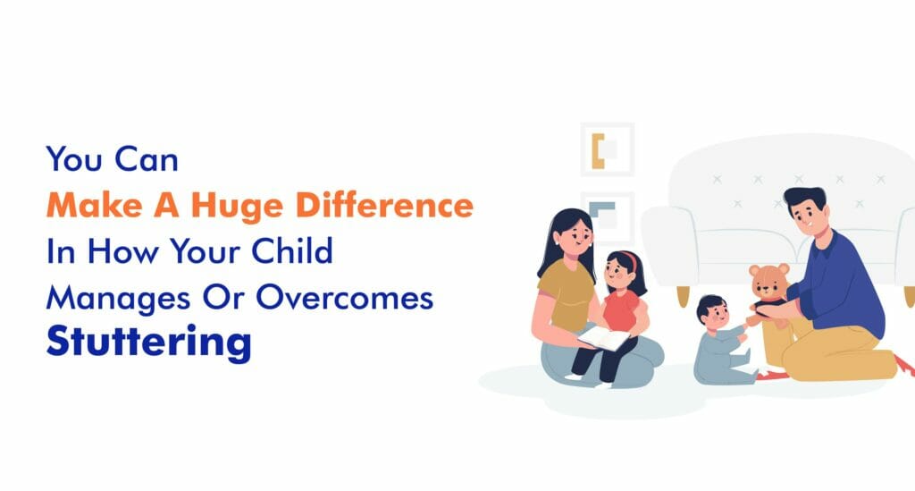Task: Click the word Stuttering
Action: (x=148, y=342)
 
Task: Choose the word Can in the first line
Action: (x=147, y=161)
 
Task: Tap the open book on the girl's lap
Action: (x=604, y=338)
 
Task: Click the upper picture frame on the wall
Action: (x=607, y=148)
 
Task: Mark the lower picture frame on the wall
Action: (x=607, y=215)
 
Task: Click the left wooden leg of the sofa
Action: (x=684, y=295)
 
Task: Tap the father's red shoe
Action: (x=903, y=364)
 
